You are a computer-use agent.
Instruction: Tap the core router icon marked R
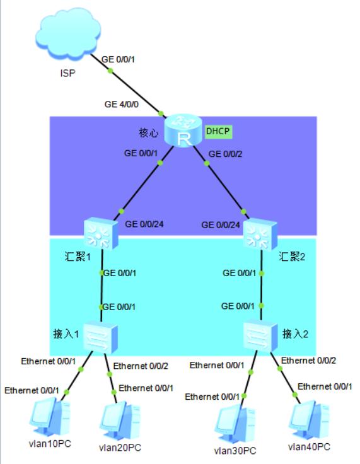pyautogui.click(x=183, y=130)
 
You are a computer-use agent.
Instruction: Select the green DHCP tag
pyautogui.click(x=219, y=131)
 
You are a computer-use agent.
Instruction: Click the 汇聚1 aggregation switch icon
pyautogui.click(x=101, y=233)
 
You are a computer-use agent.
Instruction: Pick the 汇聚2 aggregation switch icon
pyautogui.click(x=260, y=235)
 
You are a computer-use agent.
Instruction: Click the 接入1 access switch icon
pyautogui.click(x=100, y=338)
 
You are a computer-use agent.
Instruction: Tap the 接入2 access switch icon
pyautogui.click(x=260, y=335)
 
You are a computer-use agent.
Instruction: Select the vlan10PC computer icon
pyautogui.click(x=50, y=418)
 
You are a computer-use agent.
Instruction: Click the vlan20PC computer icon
pyautogui.click(x=120, y=421)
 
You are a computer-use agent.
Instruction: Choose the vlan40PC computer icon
pyautogui.click(x=310, y=421)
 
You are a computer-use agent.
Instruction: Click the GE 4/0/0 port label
pyautogui.click(x=122, y=105)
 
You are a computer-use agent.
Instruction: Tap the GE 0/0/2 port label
pyautogui.click(x=225, y=154)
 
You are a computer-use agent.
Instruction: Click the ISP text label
pyautogui.click(x=68, y=73)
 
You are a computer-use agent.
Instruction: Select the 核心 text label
pyautogui.click(x=148, y=133)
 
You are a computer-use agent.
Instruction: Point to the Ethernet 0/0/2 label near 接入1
pyautogui.click(x=141, y=366)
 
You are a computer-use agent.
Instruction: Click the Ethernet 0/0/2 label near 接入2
pyautogui.click(x=308, y=361)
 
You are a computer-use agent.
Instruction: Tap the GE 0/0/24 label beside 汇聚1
pyautogui.click(x=144, y=224)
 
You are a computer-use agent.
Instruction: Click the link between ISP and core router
pyautogui.click(x=127, y=86)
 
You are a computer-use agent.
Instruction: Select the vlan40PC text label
pyautogui.click(x=309, y=447)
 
